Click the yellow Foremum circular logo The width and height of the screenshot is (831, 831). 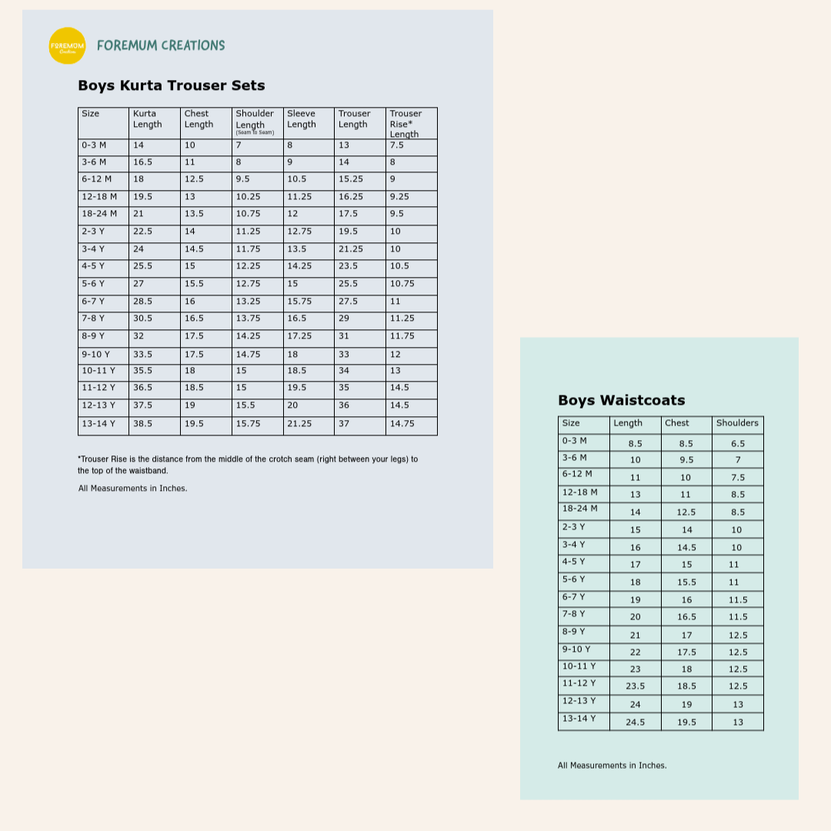[x=67, y=45]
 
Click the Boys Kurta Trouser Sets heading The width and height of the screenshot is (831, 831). [x=171, y=85]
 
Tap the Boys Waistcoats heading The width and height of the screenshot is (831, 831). [x=621, y=400]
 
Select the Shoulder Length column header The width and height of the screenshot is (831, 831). [x=255, y=122]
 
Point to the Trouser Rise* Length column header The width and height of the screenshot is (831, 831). [x=405, y=123]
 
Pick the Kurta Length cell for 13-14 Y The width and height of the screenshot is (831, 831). [x=143, y=424]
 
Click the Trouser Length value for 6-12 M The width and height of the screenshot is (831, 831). [x=352, y=179]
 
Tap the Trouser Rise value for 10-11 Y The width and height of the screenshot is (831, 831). [x=395, y=371]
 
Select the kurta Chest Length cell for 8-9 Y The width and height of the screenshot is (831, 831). [x=194, y=336]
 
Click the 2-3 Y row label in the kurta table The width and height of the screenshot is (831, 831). [x=93, y=232]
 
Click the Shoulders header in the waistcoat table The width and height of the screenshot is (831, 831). [x=737, y=423]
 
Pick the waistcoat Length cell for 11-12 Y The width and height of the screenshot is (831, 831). [x=636, y=686]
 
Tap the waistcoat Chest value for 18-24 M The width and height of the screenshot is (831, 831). [x=686, y=512]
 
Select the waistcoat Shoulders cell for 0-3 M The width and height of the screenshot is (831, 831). [x=738, y=444]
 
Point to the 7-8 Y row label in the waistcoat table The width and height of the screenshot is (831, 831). [x=573, y=614]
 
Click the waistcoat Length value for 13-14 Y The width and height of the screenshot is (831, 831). [x=636, y=723]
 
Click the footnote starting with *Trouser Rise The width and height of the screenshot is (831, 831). [x=248, y=465]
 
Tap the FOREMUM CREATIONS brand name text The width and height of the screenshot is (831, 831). [x=161, y=45]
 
